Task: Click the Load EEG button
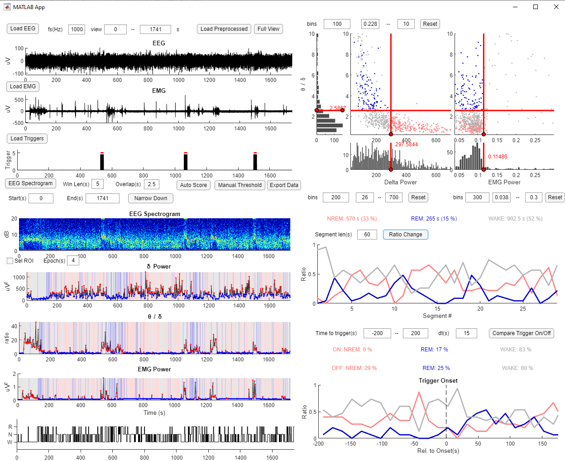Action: click(23, 29)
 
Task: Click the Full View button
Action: click(268, 29)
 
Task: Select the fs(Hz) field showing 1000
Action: click(77, 29)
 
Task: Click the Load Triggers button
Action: click(27, 139)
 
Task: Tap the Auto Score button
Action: click(193, 185)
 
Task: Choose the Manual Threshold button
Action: click(239, 185)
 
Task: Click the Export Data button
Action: click(284, 185)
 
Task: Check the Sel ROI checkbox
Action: click(10, 261)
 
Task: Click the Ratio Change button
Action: click(405, 235)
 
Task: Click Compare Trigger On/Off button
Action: click(522, 333)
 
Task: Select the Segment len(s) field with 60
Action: click(367, 235)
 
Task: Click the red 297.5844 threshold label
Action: click(407, 144)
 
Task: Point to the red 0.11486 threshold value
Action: click(498, 157)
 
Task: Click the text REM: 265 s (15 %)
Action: click(434, 219)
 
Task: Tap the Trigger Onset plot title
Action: click(438, 381)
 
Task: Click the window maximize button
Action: click(536, 7)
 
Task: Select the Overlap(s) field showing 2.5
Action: click(152, 184)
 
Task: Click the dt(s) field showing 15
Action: click(466, 333)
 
